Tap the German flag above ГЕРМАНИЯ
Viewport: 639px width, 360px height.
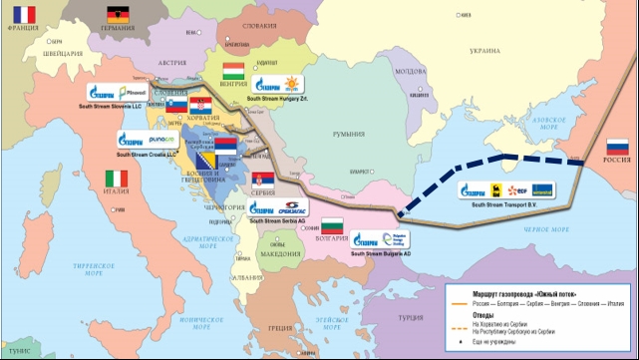pyautogui.click(x=118, y=15)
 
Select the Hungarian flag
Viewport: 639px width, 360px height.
pyautogui.click(x=232, y=71)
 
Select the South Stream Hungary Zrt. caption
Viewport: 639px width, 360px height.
pyautogui.click(x=279, y=99)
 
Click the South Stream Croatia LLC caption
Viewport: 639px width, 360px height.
pyautogui.click(x=145, y=155)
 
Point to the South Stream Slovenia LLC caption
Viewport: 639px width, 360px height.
pyautogui.click(x=115, y=103)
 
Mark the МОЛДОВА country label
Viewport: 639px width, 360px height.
pyautogui.click(x=410, y=71)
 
